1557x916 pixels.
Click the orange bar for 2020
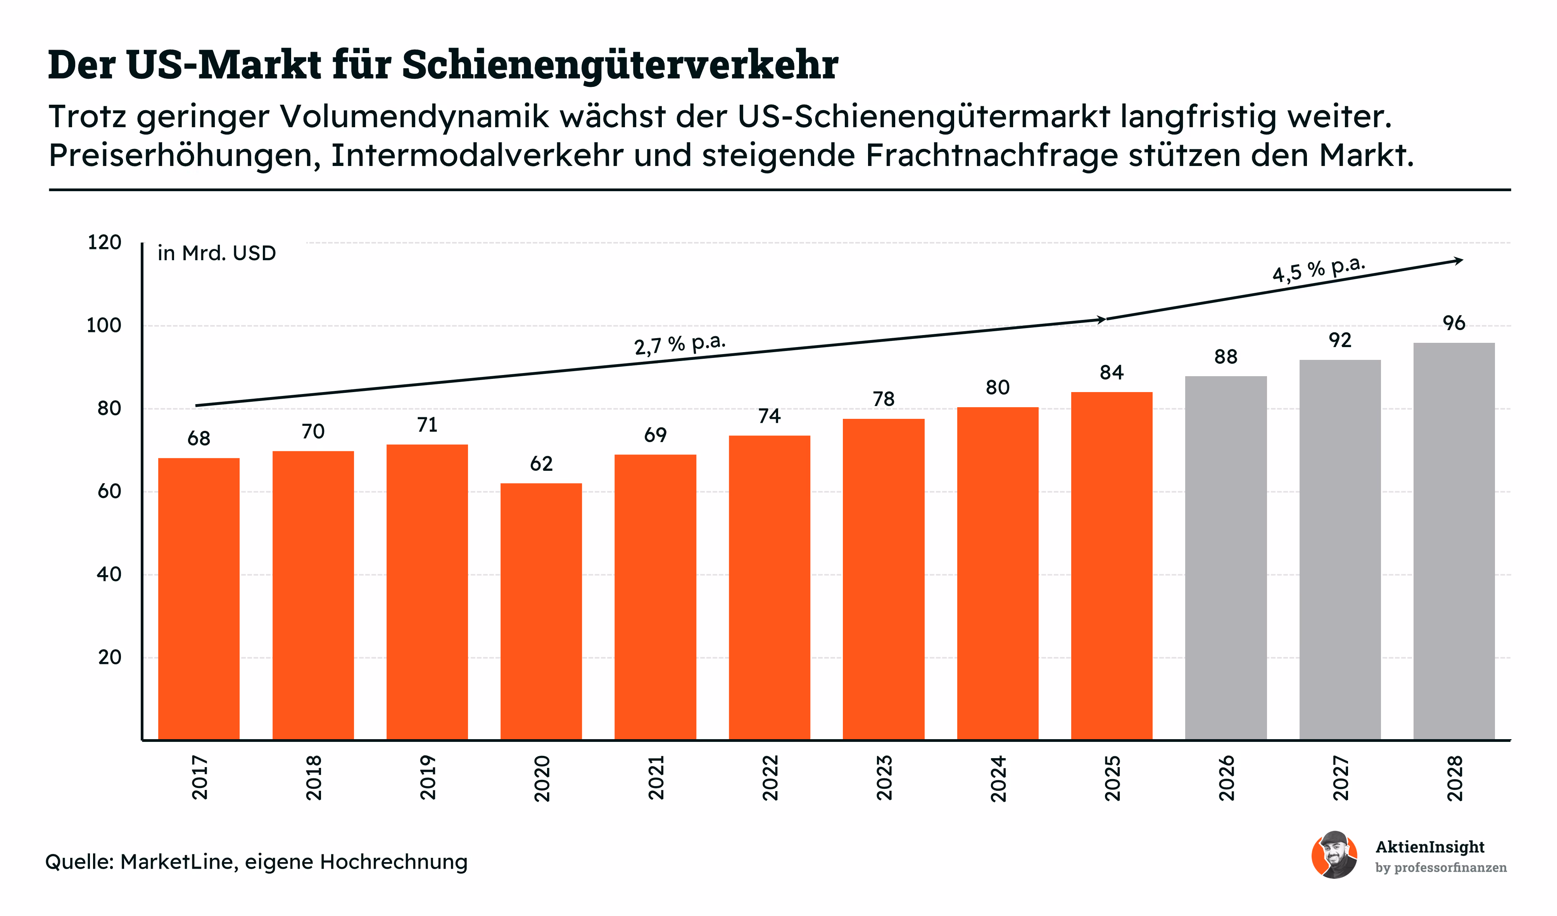click(x=541, y=611)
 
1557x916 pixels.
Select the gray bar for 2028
click(x=1454, y=541)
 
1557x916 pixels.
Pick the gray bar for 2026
click(x=1226, y=558)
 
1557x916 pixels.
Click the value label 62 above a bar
click(x=541, y=463)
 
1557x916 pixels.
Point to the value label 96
click(x=1454, y=323)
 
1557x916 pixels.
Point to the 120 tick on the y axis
click(x=104, y=242)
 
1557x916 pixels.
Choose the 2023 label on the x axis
click(x=884, y=778)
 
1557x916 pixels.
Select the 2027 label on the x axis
click(x=1340, y=778)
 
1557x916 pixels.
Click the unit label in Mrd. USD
click(x=216, y=253)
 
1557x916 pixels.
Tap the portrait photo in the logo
click(x=1334, y=855)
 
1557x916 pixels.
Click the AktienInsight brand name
click(x=1430, y=847)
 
